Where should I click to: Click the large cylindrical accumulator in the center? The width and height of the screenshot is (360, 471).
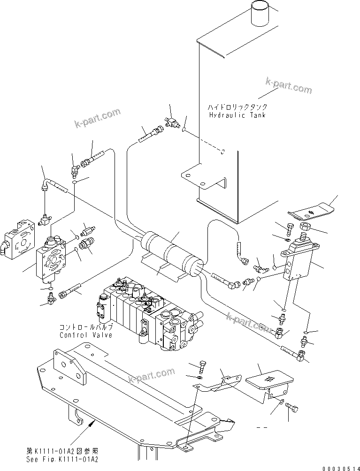171,252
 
